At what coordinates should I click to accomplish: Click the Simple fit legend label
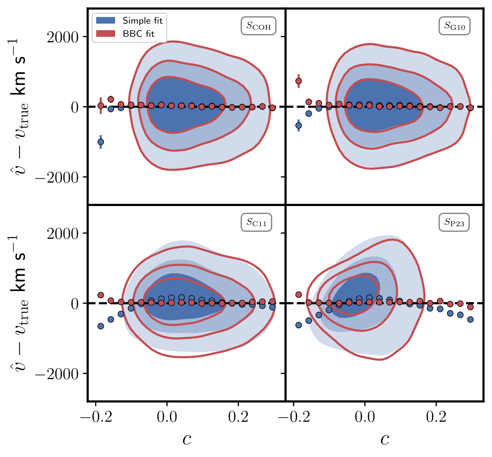pos(142,21)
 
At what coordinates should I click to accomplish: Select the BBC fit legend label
pos(138,34)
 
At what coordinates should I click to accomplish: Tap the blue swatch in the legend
pos(106,20)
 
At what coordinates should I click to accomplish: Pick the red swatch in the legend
pos(106,34)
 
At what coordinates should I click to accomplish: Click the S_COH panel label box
pos(258,26)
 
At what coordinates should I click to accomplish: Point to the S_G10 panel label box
pos(455,26)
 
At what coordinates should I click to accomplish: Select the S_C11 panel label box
pos(256,222)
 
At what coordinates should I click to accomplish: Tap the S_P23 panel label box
pos(454,222)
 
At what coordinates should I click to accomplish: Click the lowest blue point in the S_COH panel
pos(101,142)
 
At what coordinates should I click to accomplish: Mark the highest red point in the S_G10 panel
pos(298,81)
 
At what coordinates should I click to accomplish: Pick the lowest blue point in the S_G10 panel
pos(298,125)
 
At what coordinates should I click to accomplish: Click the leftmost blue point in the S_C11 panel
pos(101,326)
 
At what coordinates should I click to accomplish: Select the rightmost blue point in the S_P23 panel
pos(470,320)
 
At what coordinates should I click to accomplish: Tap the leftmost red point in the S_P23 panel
pos(298,295)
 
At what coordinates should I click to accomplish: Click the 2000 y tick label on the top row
pos(62,37)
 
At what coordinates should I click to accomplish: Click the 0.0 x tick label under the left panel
pos(167,417)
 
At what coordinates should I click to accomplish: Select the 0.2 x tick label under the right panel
pos(436,417)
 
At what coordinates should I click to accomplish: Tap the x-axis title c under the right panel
pos(385,439)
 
